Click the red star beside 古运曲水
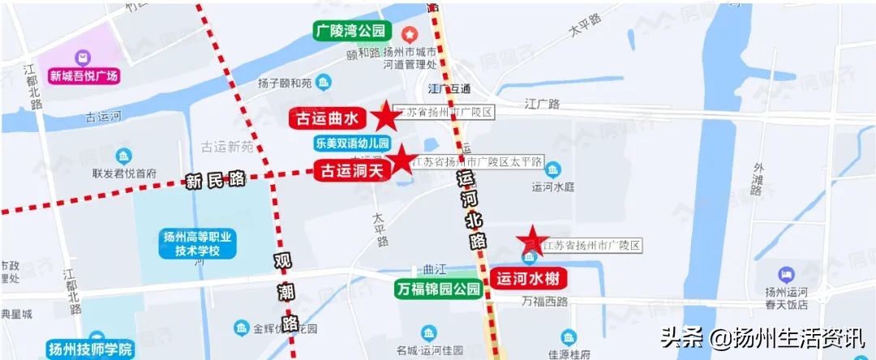tap(385, 118)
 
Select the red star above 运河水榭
tap(532, 238)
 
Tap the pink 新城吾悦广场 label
tap(84, 77)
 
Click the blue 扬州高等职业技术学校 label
tap(198, 244)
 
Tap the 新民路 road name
tap(214, 181)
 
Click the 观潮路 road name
tap(284, 288)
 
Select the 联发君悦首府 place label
tap(124, 173)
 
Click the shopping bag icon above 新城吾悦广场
tap(84, 58)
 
